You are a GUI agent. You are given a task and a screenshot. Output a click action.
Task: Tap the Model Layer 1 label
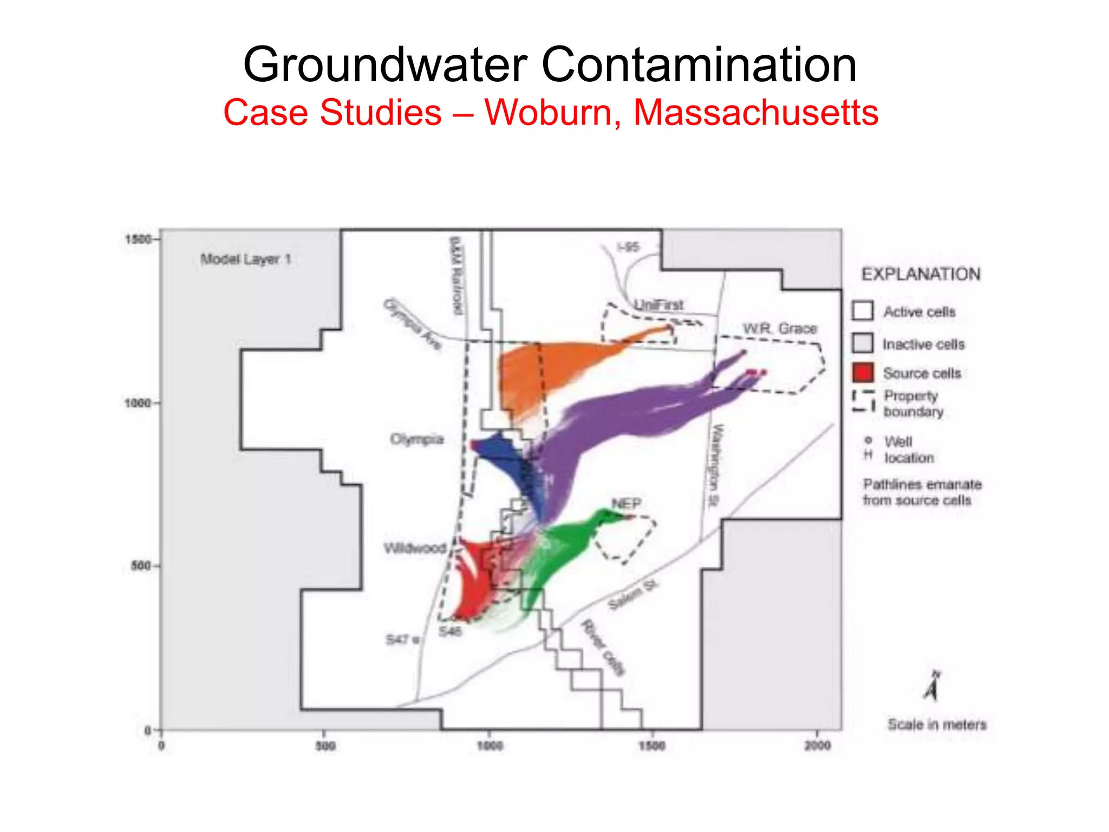pos(246,259)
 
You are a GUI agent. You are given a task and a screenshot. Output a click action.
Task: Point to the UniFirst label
pos(658,305)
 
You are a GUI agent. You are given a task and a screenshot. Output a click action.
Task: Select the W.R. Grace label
pos(780,328)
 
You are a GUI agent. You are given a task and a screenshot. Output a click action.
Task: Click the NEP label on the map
pos(626,504)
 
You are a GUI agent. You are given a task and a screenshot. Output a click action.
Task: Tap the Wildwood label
pos(415,548)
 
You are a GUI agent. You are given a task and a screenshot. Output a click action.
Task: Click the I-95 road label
pos(628,247)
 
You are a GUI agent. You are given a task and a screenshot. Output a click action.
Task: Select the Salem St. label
pos(632,595)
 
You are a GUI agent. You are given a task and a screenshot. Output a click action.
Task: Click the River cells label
pos(603,648)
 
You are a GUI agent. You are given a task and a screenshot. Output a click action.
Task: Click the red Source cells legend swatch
pos(863,373)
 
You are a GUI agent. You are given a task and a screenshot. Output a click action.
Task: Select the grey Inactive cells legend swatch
pos(863,343)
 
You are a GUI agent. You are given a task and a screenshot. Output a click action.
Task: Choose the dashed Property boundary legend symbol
pos(863,401)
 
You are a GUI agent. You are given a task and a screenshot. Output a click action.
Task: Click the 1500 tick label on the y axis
pos(138,239)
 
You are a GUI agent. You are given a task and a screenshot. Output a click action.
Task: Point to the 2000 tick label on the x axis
pos(817,746)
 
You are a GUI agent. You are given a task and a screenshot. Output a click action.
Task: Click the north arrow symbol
pos(932,687)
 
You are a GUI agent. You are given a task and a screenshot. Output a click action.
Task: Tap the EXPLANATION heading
pos(921,274)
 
